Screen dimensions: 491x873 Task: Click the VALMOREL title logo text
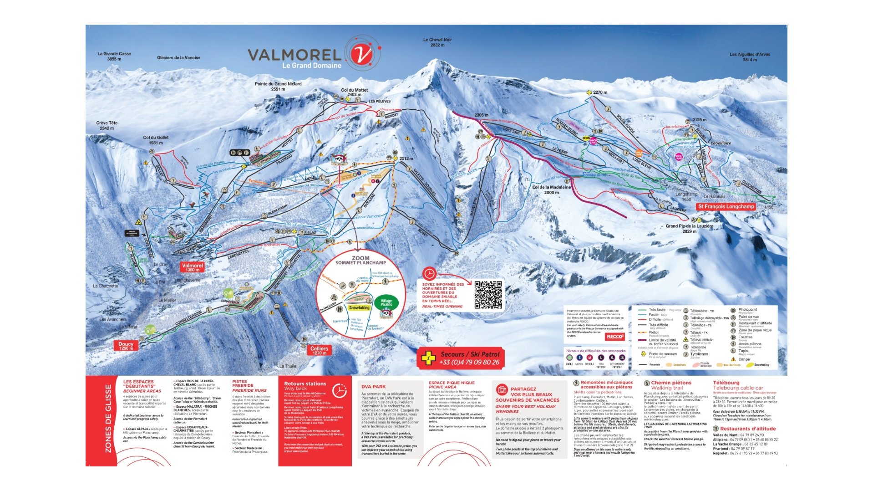(294, 55)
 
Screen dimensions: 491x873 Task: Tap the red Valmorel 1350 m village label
(192, 267)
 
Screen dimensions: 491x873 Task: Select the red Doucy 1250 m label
(126, 346)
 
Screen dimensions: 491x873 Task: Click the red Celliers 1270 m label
(319, 350)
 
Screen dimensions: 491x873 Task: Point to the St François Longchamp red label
(726, 206)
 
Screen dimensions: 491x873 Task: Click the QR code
(488, 295)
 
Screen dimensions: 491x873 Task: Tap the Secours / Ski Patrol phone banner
(461, 358)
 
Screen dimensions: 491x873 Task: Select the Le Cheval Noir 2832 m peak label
(437, 42)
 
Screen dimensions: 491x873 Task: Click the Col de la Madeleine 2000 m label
(551, 189)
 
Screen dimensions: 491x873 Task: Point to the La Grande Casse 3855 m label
(114, 56)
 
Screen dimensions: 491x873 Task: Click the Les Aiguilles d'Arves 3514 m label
(750, 57)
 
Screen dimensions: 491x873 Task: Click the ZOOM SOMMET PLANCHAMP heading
(360, 260)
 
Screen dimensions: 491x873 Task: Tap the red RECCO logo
(615, 337)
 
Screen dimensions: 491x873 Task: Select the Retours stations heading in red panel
(305, 384)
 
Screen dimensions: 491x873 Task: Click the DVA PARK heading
(373, 387)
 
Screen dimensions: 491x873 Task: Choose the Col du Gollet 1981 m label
(156, 140)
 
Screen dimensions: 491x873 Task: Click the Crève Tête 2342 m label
(107, 125)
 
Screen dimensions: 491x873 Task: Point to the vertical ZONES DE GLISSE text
(108, 419)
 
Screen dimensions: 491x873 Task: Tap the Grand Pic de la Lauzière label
(689, 229)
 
